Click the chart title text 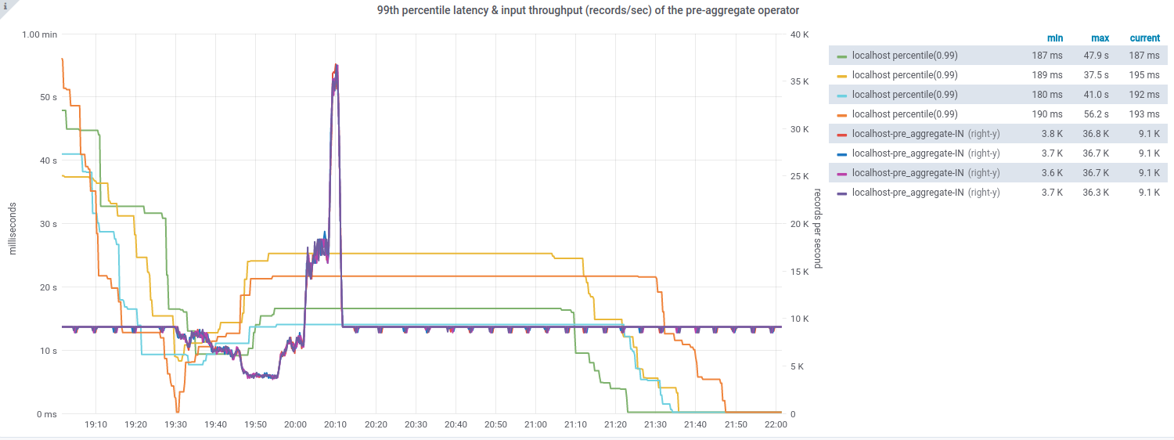pyautogui.click(x=587, y=10)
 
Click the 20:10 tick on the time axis pyautogui.click(x=336, y=424)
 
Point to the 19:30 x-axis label pyautogui.click(x=175, y=424)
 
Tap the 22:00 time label pyautogui.click(x=776, y=424)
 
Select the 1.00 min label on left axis pyautogui.click(x=39, y=34)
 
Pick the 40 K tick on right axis pyautogui.click(x=800, y=34)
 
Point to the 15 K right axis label pyautogui.click(x=800, y=272)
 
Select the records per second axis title pyautogui.click(x=817, y=228)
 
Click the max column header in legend pyautogui.click(x=1100, y=38)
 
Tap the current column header pyautogui.click(x=1144, y=38)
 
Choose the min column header pyautogui.click(x=1055, y=38)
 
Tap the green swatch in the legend pyautogui.click(x=842, y=56)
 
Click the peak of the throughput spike pyautogui.click(x=337, y=65)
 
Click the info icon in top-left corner pyautogui.click(x=5, y=5)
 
